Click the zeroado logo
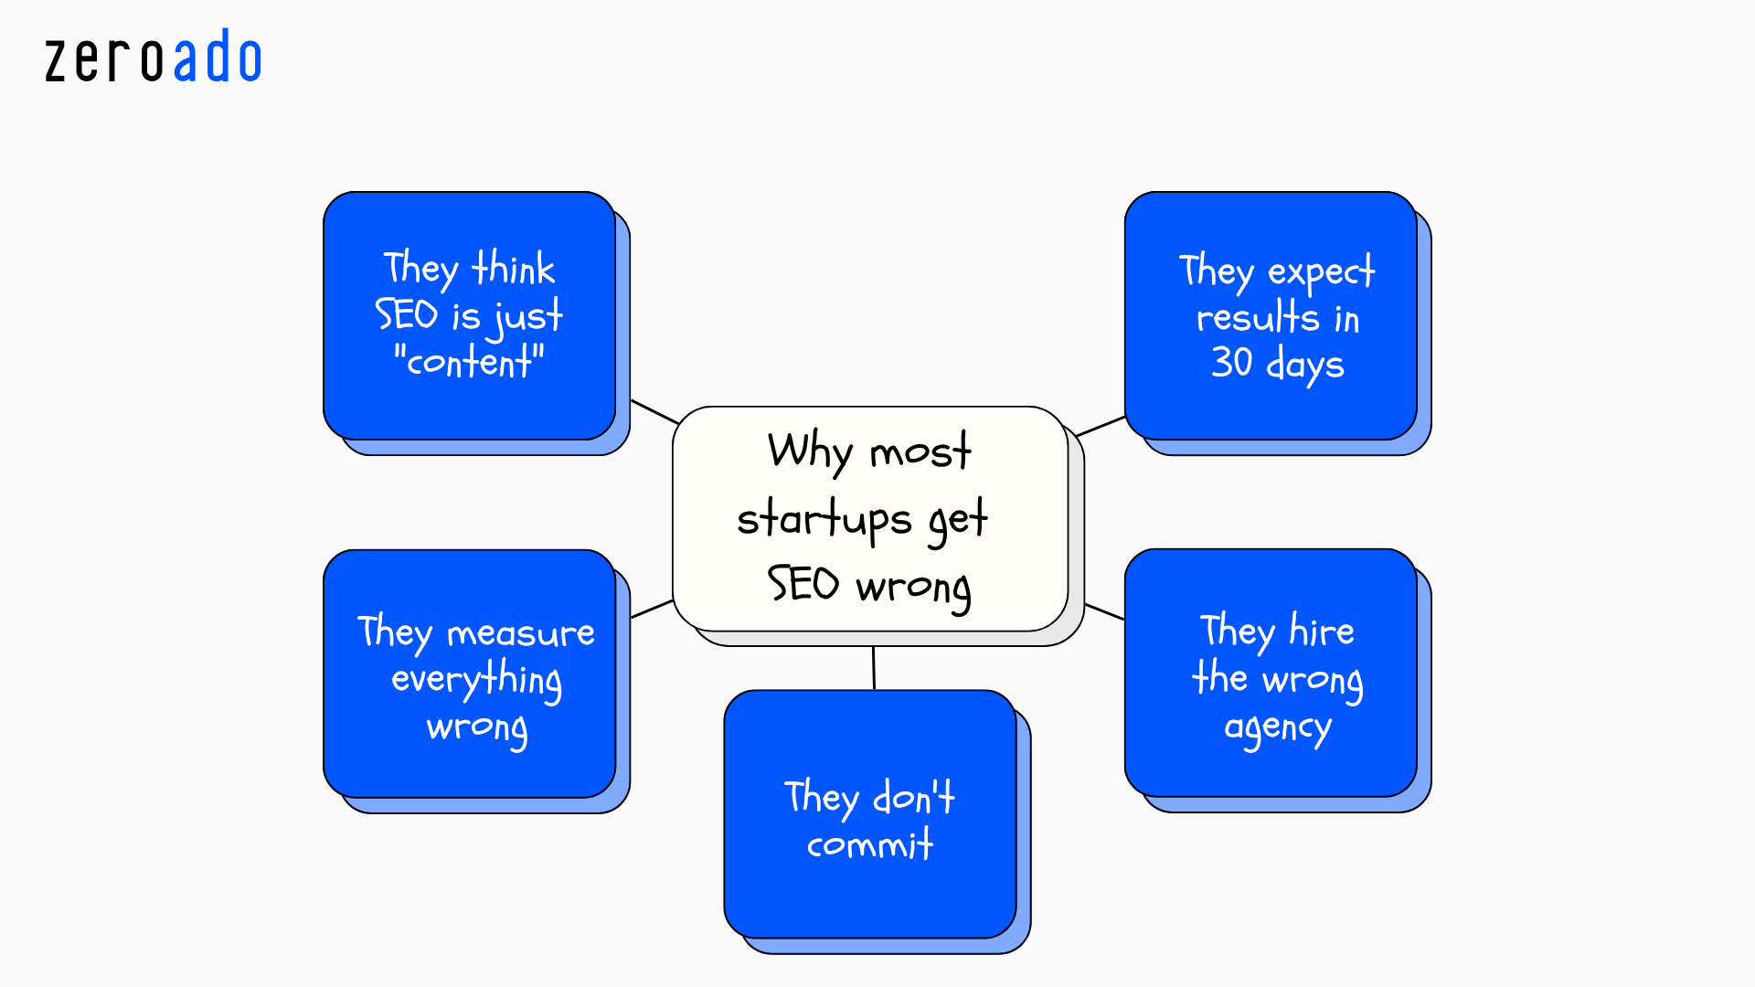coord(154,58)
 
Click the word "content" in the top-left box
coord(469,363)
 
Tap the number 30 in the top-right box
coord(1231,363)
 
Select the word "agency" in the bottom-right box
coord(1277,728)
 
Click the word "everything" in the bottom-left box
coord(476,680)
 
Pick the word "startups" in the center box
coord(824,520)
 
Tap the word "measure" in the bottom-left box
coord(520,633)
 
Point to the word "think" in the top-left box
coord(513,269)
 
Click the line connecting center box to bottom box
coord(874,668)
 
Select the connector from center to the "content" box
coord(654,412)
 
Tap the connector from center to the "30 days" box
coord(1101,426)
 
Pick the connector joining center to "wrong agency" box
coord(1104,611)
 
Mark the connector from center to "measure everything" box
coord(653,609)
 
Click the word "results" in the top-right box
coord(1258,318)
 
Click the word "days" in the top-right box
coord(1304,365)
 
